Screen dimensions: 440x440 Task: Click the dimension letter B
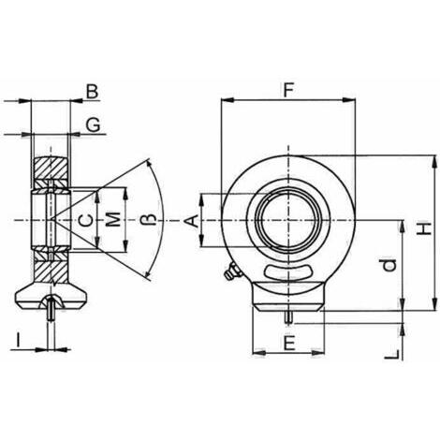pyautogui.click(x=92, y=92)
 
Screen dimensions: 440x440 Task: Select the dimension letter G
pyautogui.click(x=93, y=125)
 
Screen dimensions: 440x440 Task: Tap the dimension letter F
pyautogui.click(x=288, y=90)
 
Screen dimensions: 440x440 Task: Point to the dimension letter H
pyautogui.click(x=425, y=228)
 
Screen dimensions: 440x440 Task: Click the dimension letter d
pyautogui.click(x=389, y=265)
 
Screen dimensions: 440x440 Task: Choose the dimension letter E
pyautogui.click(x=289, y=343)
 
